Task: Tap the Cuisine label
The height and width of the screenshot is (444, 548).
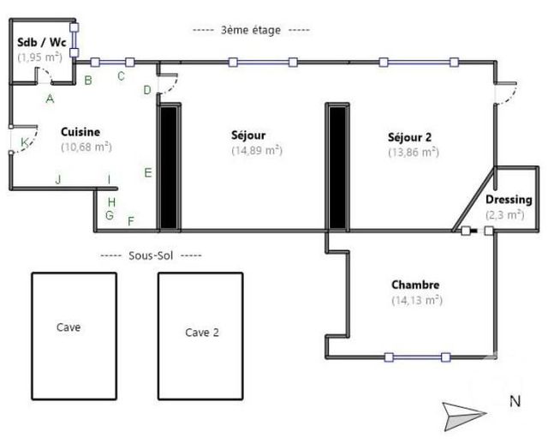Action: (80, 132)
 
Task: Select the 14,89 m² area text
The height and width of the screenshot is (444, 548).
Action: (257, 150)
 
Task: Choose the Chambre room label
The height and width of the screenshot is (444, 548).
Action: (415, 285)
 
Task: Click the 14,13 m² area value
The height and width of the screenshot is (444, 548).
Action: (415, 300)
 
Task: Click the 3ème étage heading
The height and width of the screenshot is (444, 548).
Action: (251, 29)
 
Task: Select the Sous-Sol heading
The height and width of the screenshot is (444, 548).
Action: (151, 255)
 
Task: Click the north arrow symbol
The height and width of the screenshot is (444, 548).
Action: (465, 416)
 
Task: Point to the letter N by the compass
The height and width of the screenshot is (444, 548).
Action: (514, 400)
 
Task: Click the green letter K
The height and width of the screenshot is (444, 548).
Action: (25, 141)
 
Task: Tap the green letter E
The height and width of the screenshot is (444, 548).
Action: (148, 173)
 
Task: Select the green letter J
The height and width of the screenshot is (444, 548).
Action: (58, 179)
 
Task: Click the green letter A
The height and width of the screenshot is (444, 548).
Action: (51, 99)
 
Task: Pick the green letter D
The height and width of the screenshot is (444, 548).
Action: (147, 89)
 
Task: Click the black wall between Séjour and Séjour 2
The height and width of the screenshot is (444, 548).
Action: (337, 166)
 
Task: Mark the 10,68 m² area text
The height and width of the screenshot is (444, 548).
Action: (86, 147)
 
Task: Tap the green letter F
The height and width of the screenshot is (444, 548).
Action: (131, 221)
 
